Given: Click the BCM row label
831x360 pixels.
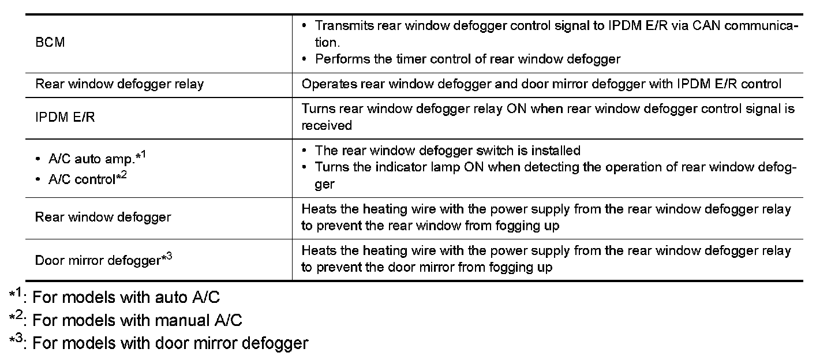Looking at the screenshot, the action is (50, 43).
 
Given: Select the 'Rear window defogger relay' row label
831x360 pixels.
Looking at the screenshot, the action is (119, 84).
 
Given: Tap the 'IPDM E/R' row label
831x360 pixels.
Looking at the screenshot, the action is (65, 117).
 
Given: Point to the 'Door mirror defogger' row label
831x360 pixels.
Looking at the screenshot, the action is (103, 260).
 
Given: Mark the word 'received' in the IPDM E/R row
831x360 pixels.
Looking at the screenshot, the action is (327, 125).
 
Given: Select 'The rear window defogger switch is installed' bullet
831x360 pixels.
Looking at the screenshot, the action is (447, 151).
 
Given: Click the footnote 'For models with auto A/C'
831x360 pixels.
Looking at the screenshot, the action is (126, 298).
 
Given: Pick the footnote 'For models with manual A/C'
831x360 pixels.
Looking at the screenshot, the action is (137, 320).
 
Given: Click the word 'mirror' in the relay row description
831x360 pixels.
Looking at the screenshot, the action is (585, 84).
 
